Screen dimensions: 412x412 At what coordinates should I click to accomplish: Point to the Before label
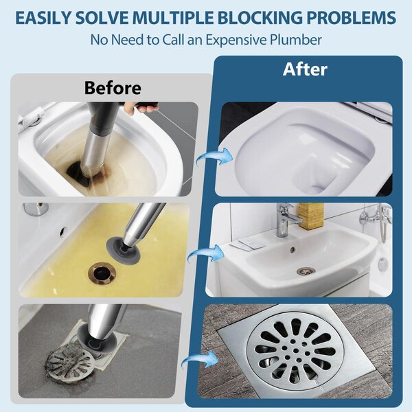point(113,88)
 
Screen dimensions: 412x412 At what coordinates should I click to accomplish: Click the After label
point(305,69)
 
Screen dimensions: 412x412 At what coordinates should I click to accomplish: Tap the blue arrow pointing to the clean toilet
point(215,156)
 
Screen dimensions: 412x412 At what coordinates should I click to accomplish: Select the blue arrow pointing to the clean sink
point(206,253)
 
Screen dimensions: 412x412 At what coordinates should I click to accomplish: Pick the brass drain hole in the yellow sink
point(102,273)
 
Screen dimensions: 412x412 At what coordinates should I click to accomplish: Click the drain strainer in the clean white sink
point(306,271)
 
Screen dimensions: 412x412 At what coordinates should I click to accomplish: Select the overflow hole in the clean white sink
point(293,249)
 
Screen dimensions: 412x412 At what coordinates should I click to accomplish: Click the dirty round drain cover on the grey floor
point(70,361)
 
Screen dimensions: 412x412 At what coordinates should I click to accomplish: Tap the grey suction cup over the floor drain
point(97,339)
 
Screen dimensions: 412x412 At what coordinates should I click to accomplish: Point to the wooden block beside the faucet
point(311,216)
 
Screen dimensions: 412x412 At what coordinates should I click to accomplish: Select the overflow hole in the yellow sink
point(63,231)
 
